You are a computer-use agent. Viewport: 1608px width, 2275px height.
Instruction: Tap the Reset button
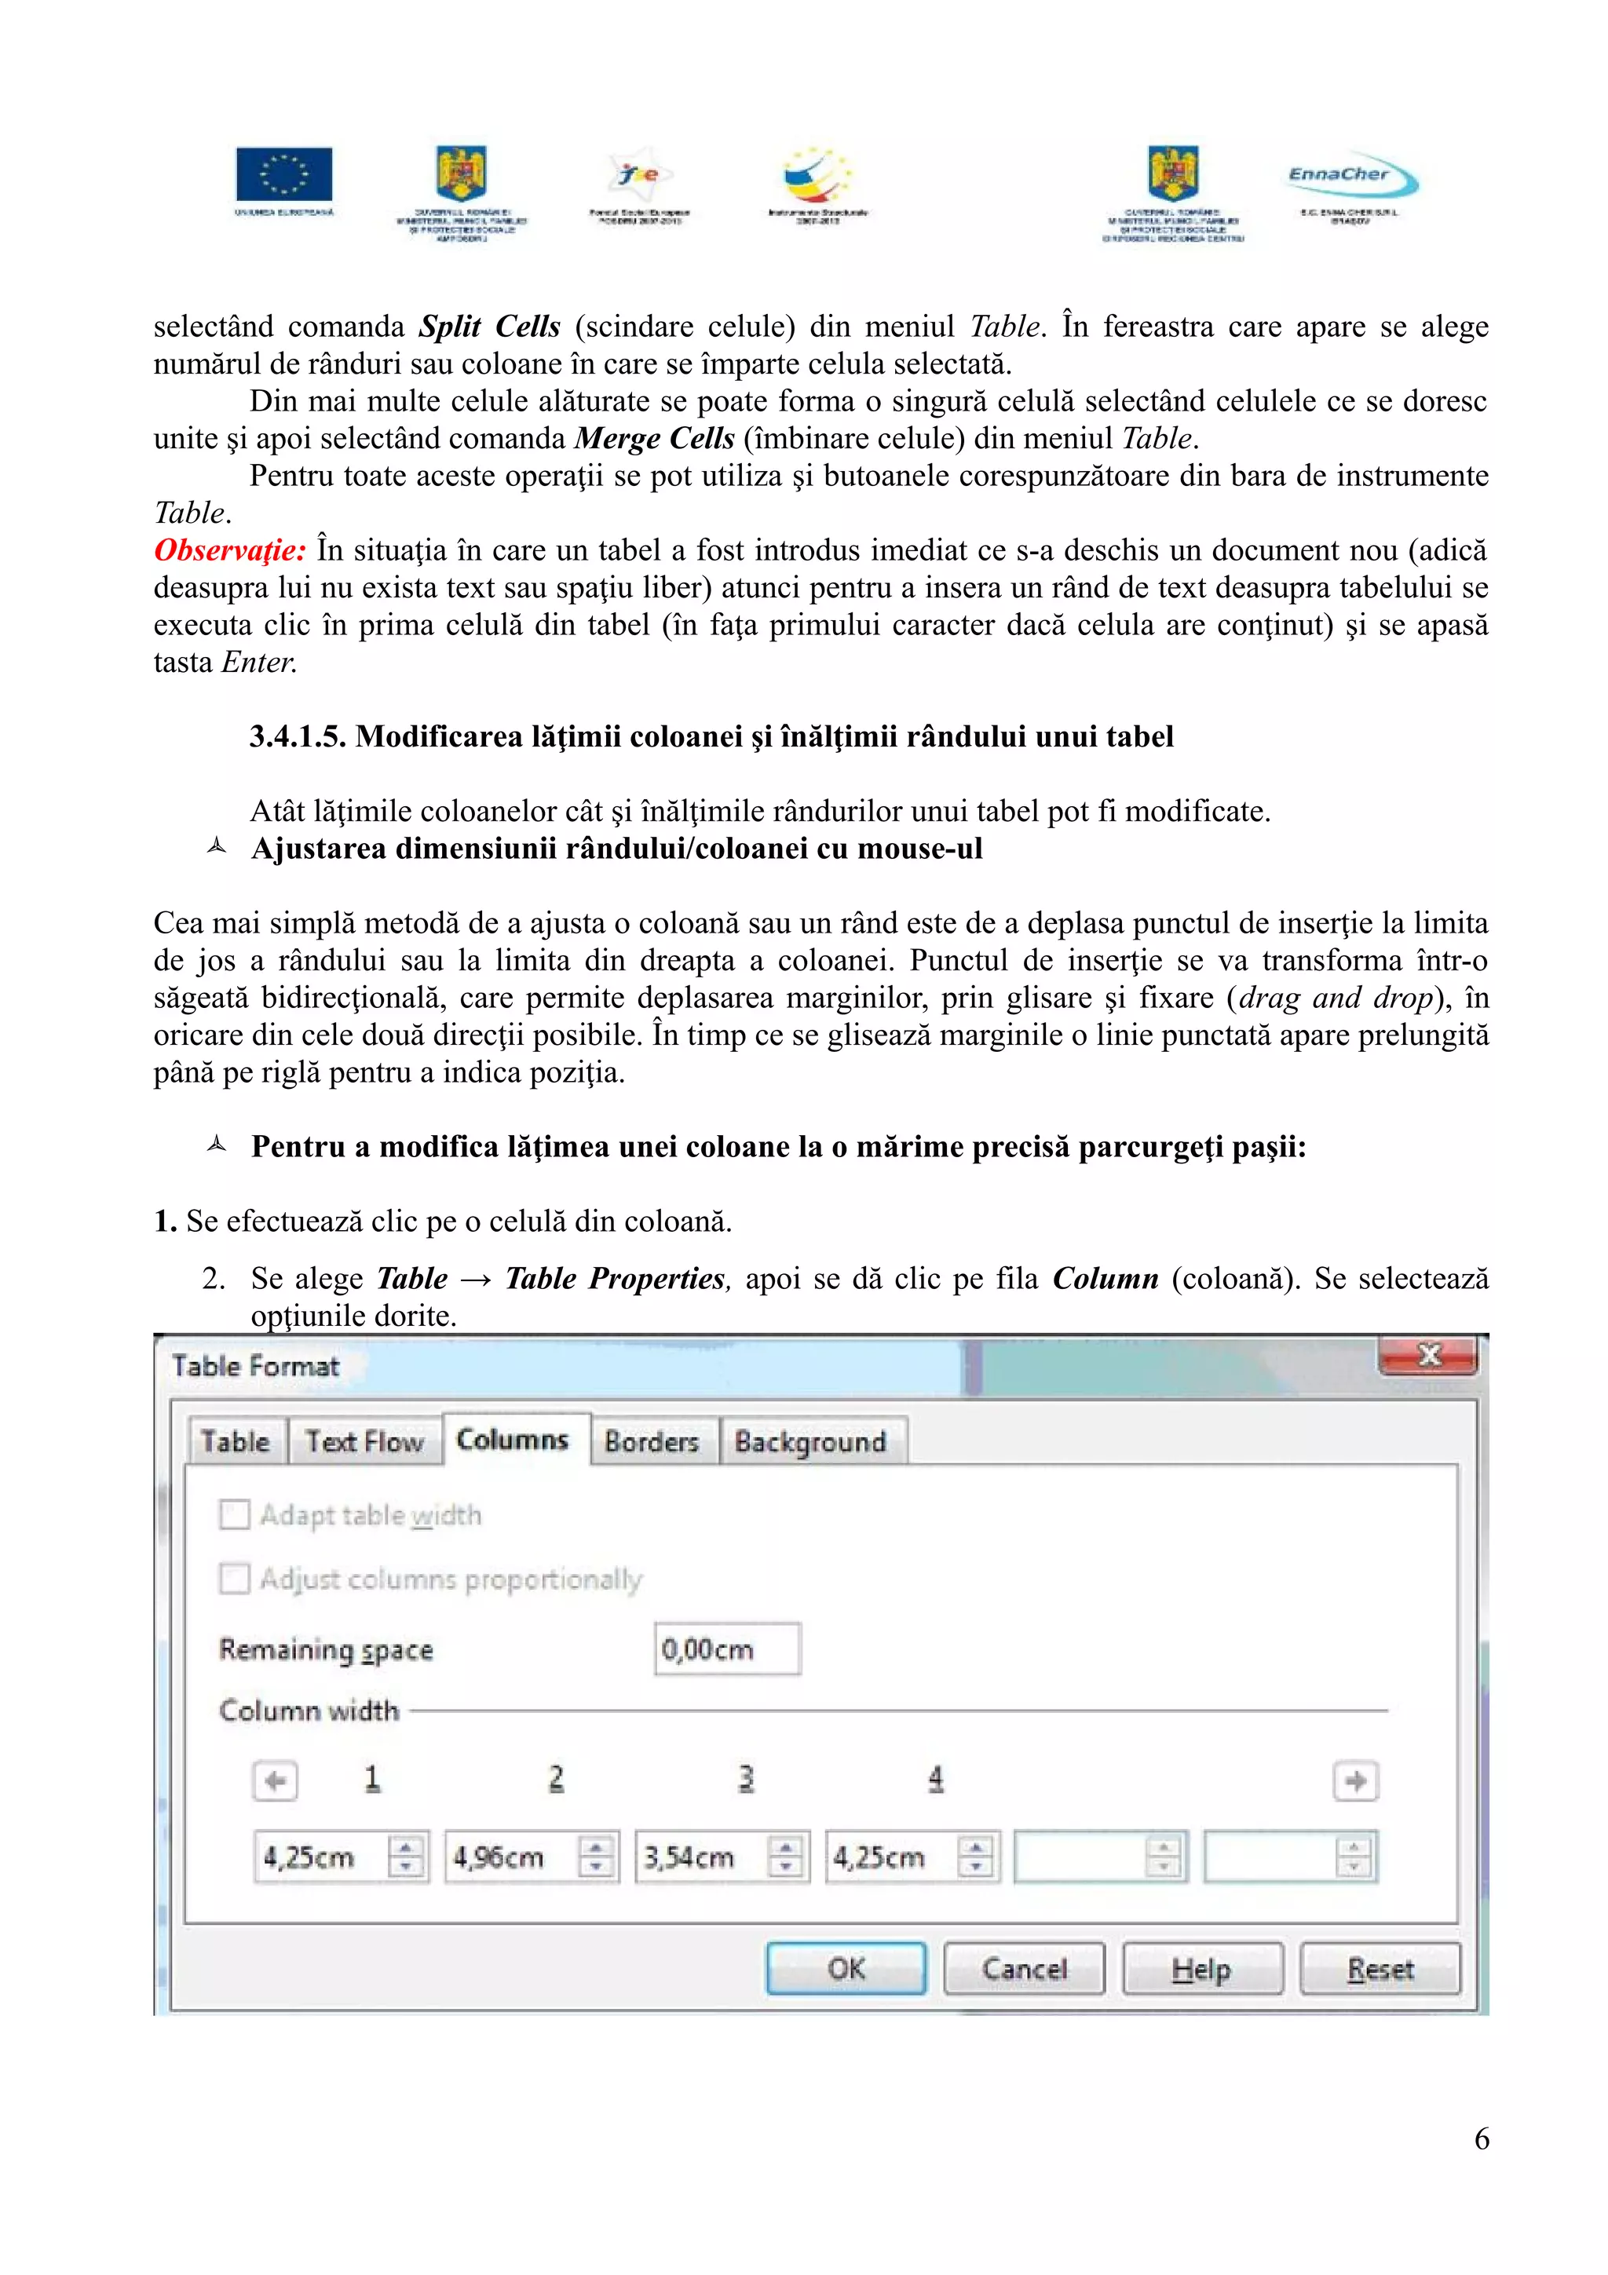click(1380, 1968)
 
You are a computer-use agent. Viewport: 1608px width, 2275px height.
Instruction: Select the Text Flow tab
click(364, 1441)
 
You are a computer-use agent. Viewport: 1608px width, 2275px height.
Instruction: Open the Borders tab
click(651, 1441)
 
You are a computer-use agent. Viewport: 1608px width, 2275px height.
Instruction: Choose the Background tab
click(809, 1441)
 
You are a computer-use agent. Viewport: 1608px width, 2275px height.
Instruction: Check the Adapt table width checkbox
click(235, 1514)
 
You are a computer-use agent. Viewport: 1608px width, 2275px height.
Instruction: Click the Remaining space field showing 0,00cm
click(726, 1649)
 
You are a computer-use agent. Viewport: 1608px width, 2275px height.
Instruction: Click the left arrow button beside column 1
click(275, 1780)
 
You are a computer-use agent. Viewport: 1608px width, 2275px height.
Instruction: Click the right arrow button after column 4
click(1355, 1780)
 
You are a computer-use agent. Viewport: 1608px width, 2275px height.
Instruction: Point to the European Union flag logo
click(283, 174)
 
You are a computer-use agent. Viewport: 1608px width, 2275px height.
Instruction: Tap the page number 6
click(1481, 2138)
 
